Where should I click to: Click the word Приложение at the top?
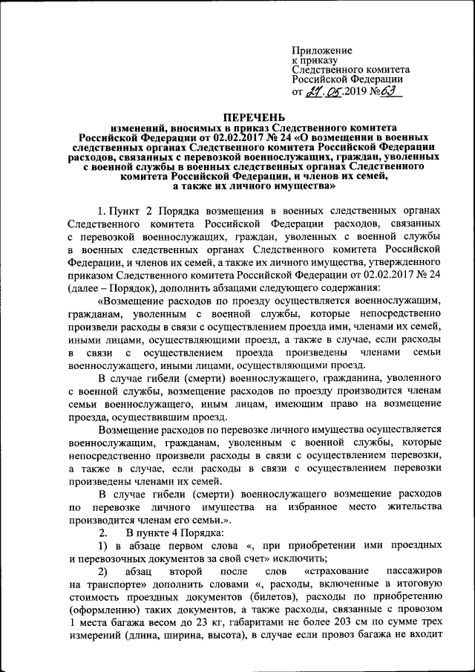[322, 50]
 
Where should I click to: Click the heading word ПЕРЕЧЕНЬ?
[254, 118]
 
